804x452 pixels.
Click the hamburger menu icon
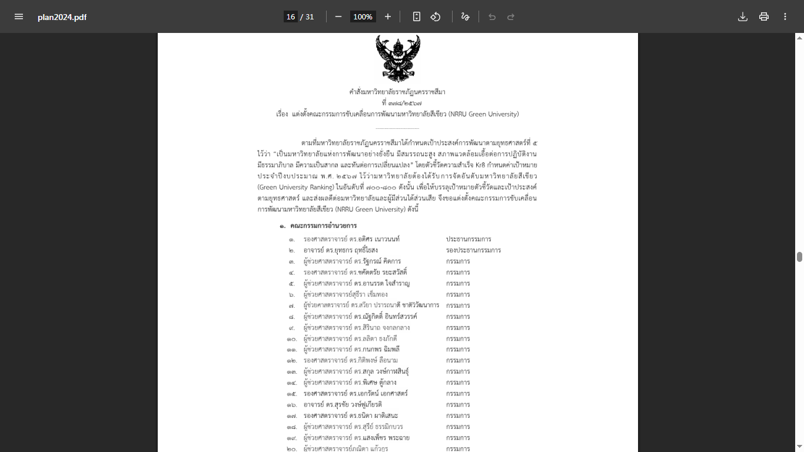click(x=19, y=16)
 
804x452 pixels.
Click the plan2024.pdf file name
click(x=62, y=17)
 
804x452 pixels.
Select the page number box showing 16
click(x=291, y=16)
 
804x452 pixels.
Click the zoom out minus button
click(x=338, y=16)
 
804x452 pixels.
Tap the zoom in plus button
click(x=388, y=16)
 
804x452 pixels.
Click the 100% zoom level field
click(x=363, y=16)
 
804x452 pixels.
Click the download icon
click(x=743, y=16)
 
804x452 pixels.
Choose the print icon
click(x=764, y=16)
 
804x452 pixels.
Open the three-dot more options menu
click(x=785, y=16)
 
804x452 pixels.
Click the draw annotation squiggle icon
click(x=465, y=16)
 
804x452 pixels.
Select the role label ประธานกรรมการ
click(x=469, y=239)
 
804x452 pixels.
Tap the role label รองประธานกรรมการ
click(x=473, y=250)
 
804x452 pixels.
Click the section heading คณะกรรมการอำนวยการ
click(x=323, y=226)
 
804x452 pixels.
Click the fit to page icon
click(x=417, y=16)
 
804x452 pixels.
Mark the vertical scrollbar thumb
click(x=799, y=257)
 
